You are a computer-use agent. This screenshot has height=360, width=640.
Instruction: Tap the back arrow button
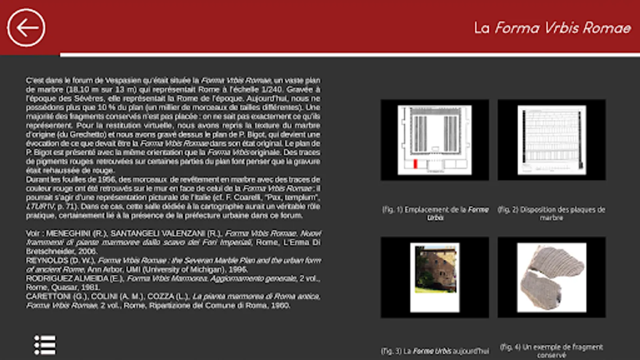26,28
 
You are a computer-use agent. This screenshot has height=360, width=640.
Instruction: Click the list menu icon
45,345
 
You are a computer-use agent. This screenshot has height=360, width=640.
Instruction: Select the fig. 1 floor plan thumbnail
435,140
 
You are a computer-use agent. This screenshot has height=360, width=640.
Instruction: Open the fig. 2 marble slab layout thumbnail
552,140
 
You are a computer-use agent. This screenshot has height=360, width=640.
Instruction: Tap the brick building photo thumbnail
435,277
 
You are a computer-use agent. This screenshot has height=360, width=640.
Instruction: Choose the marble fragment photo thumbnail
552,277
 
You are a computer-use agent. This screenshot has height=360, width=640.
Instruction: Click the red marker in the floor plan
416,164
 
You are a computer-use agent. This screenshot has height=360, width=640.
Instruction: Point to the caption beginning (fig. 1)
435,213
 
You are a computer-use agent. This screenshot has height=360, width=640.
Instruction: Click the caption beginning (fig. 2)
551,213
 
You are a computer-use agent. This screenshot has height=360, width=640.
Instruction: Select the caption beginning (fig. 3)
435,351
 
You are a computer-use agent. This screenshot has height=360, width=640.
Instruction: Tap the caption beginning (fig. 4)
551,351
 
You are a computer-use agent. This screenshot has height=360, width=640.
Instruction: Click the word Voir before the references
33,233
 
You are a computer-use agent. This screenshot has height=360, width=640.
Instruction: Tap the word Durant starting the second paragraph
37,180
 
